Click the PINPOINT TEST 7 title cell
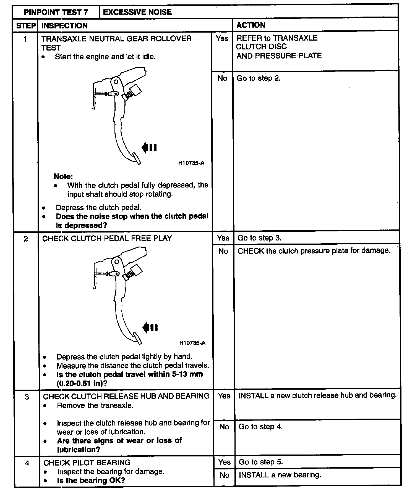click(56, 12)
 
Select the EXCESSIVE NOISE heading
click(137, 12)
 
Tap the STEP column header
click(26, 26)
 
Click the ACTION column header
click(251, 25)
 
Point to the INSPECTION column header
click(64, 26)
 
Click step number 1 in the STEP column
click(25, 39)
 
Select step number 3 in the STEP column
click(27, 397)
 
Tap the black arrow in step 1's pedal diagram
click(149, 148)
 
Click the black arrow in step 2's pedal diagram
click(150, 328)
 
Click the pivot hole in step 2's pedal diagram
click(117, 261)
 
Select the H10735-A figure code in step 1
click(191, 163)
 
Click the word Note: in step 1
click(63, 176)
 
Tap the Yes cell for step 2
click(223, 238)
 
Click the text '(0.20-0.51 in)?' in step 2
click(82, 383)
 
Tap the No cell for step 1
click(222, 78)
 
